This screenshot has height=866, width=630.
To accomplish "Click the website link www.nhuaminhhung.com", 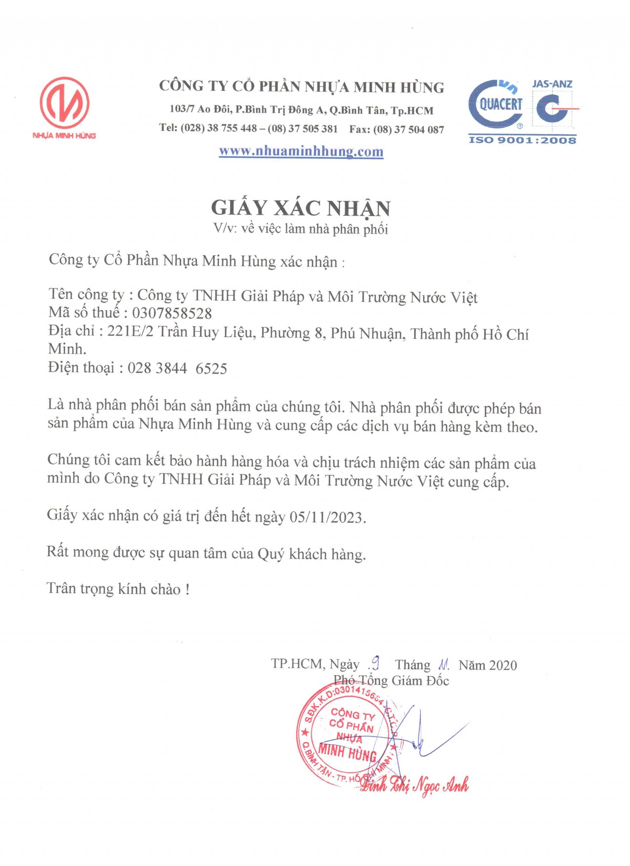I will pos(301,151).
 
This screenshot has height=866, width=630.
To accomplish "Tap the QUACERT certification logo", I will pos(496,104).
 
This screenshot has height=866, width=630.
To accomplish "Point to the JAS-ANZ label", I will pos(552,84).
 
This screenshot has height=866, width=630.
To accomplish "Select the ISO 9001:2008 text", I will pos(522,140).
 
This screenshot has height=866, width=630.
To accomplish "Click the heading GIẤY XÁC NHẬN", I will pos(301,208).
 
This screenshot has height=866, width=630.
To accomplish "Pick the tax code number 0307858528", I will pos(172,313).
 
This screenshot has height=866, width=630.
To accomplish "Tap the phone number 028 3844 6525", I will pos(177,369).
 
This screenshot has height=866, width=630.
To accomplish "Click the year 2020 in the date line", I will pos(503,665).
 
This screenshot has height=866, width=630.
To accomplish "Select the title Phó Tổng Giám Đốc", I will pos(391,680).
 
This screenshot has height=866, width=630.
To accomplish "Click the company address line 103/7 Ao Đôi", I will pos(302,111).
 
